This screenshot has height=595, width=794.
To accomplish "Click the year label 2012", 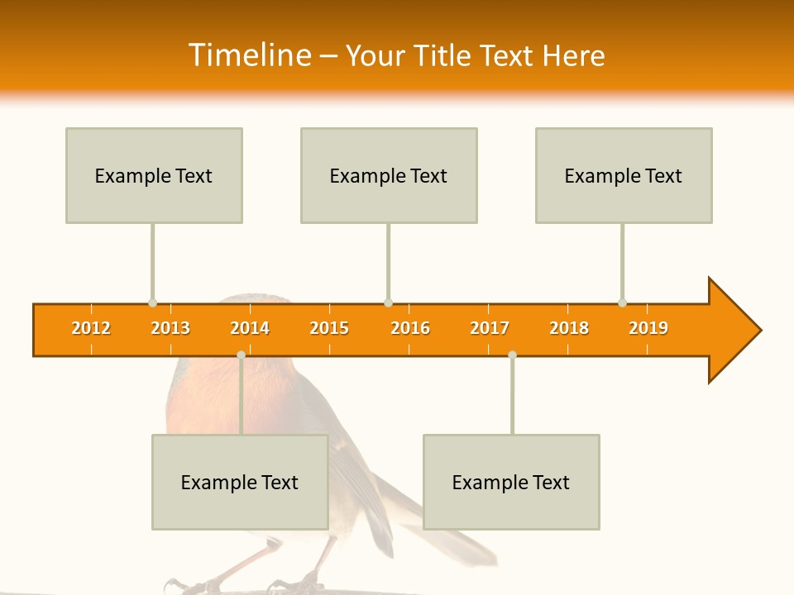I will click(x=91, y=328).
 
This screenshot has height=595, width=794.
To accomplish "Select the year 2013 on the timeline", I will click(x=170, y=328).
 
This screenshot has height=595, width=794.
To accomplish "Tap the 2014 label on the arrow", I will click(x=250, y=328).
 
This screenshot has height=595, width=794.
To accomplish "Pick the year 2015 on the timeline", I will click(x=329, y=328).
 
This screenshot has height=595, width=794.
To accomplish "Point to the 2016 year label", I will click(x=410, y=328).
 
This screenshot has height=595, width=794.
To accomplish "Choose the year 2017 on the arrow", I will click(x=490, y=328).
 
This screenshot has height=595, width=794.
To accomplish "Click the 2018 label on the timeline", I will click(x=569, y=328).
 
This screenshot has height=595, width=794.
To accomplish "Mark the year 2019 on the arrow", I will click(x=648, y=328).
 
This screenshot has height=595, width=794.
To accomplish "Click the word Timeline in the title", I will click(x=249, y=55).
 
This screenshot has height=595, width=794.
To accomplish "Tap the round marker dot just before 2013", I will click(x=152, y=302).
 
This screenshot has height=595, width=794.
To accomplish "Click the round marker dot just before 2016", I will click(x=388, y=302).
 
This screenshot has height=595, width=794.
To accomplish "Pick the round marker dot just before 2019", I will click(x=622, y=302).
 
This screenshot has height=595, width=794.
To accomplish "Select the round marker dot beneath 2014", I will click(x=241, y=355).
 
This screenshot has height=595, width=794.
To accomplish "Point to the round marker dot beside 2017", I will click(x=512, y=355).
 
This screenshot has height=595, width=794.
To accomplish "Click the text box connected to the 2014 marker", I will click(x=240, y=482).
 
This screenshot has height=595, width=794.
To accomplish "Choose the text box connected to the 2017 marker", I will click(x=511, y=482).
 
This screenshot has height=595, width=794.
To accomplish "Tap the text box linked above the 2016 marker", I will click(x=389, y=175).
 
